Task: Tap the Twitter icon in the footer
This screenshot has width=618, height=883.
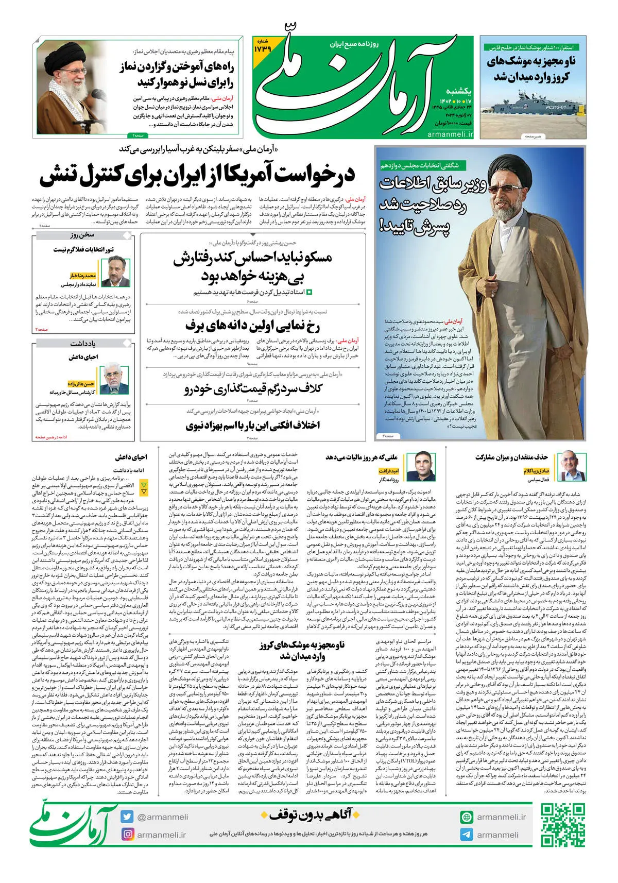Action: pos(128,817)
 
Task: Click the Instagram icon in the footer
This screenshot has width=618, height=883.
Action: pos(128,834)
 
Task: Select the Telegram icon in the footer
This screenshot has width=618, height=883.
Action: pos(467,835)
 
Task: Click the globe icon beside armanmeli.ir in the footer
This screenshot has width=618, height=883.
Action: pos(467,817)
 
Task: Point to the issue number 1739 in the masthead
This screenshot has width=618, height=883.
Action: pos(262,48)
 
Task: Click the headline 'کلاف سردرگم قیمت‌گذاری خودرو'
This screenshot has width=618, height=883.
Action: pos(253,389)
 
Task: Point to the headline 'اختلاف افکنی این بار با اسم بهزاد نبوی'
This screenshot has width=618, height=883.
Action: pos(253,426)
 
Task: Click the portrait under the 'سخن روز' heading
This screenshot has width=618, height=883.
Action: pos(112,273)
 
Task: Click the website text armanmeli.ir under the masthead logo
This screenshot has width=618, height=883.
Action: pos(450,134)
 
